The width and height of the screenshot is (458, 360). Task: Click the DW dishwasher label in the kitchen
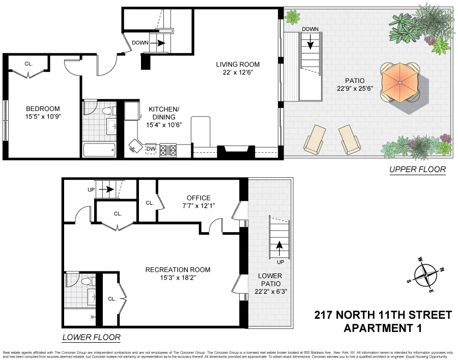tap(151, 149)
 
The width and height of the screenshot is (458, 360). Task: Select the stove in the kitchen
tap(168, 150)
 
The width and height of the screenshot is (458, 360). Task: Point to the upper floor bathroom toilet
tap(107, 110)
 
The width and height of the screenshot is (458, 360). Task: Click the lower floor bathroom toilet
tap(87, 281)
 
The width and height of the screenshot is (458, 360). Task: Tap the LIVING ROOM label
tap(238, 65)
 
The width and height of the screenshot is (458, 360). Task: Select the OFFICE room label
tap(198, 198)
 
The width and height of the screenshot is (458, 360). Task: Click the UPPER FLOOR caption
tap(417, 170)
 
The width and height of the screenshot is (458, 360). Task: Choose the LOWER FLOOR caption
tap(91, 337)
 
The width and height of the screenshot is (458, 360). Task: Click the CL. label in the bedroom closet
tap(28, 64)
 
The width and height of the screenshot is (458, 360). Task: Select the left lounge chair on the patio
tap(313, 139)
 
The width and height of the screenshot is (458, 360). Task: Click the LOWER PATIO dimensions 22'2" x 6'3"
tap(269, 292)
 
